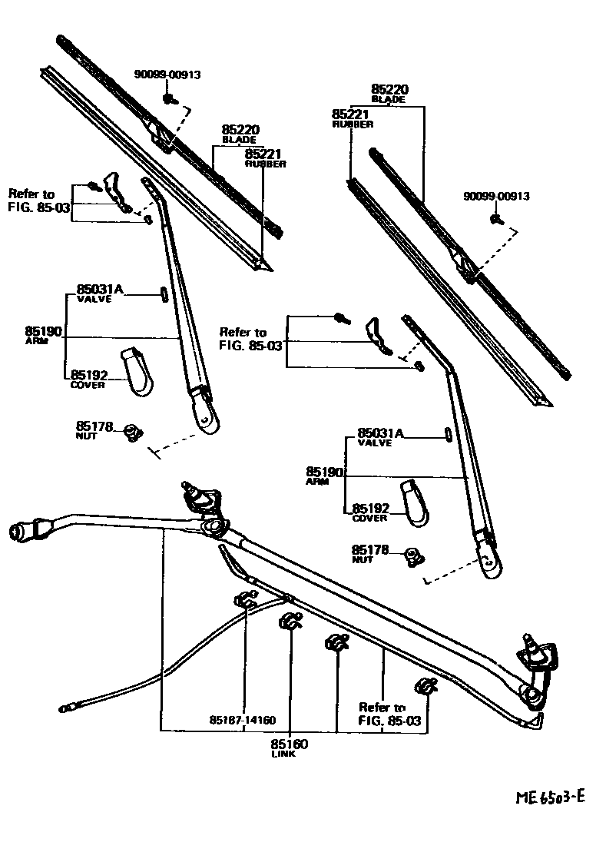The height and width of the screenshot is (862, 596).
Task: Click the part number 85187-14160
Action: (242, 721)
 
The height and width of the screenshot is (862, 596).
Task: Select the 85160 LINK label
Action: (289, 748)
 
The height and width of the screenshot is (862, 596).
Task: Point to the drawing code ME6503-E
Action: (549, 796)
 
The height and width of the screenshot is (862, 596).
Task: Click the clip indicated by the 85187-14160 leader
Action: (246, 601)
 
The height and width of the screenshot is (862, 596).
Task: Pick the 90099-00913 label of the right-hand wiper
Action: (496, 197)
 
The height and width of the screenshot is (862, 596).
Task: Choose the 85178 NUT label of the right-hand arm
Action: (372, 553)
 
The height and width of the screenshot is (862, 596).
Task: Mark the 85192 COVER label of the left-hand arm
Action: (88, 379)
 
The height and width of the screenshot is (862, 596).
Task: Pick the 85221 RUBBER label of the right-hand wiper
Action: (353, 117)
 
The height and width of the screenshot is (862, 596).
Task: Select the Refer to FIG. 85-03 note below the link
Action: (382, 714)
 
